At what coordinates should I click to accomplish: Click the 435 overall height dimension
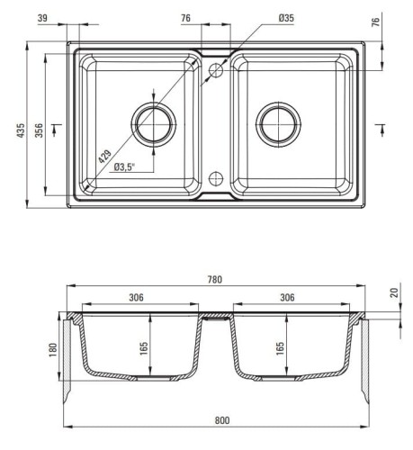pyautogui.click(x=21, y=130)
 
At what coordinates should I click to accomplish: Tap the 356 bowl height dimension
pyautogui.click(x=39, y=130)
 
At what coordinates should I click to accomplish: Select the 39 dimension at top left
pyautogui.click(x=42, y=18)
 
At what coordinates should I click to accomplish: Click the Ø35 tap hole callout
pyautogui.click(x=286, y=18)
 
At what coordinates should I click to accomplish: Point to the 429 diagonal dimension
pyautogui.click(x=105, y=156)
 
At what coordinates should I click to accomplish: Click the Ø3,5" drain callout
pyautogui.click(x=124, y=166)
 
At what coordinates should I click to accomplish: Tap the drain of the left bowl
pyautogui.click(x=154, y=124)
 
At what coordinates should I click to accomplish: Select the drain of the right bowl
pyautogui.click(x=278, y=124)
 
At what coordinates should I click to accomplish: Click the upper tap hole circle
pyautogui.click(x=216, y=70)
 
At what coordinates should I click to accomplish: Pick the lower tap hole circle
pyautogui.click(x=216, y=178)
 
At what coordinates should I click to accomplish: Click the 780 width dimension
pyautogui.click(x=215, y=279)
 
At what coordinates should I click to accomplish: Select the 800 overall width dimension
pyautogui.click(x=222, y=420)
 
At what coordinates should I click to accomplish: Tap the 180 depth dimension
pyautogui.click(x=52, y=350)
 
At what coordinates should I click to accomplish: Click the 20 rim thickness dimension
pyautogui.click(x=395, y=292)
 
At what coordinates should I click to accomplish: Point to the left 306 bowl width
pyautogui.click(x=136, y=297)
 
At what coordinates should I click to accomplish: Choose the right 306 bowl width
pyautogui.click(x=287, y=297)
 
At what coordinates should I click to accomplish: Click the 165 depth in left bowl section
pyautogui.click(x=144, y=348)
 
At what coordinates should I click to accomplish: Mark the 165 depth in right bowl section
pyautogui.click(x=280, y=348)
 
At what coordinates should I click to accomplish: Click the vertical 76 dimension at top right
pyautogui.click(x=375, y=22)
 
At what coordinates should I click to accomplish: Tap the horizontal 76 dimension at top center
pyautogui.click(x=185, y=18)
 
